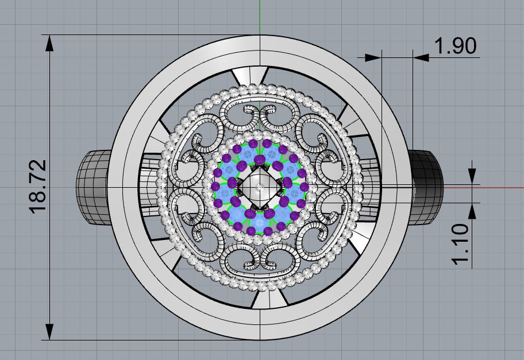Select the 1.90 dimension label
[456, 46]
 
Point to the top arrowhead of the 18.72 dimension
[50, 42]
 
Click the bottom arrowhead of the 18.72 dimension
[50, 331]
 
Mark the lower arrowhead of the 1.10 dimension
[472, 210]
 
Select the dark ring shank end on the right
[426, 187]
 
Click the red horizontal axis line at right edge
[506, 187]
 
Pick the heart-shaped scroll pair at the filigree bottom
[260, 261]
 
